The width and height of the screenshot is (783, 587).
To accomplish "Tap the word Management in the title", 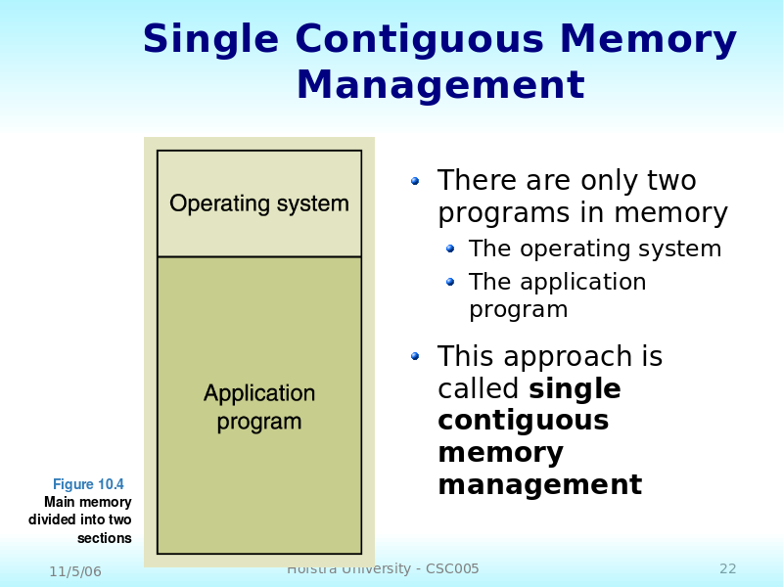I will [440, 86].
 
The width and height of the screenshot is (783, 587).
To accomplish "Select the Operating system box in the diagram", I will [259, 203].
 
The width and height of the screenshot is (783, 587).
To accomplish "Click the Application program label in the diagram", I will [259, 408].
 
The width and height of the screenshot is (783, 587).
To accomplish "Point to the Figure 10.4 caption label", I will [88, 484].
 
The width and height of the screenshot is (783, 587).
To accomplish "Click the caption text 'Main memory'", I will [87, 502].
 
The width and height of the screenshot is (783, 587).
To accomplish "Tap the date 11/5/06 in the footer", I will [75, 571].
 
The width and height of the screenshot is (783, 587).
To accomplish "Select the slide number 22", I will [728, 569].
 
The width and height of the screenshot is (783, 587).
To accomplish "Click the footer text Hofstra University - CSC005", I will [383, 569].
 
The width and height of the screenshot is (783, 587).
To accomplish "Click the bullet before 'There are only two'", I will [415, 181].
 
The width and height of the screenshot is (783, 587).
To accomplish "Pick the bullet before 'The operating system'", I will [450, 249].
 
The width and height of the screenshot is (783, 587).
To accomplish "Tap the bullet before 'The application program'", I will [450, 282].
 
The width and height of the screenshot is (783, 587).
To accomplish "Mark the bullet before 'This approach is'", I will [415, 357].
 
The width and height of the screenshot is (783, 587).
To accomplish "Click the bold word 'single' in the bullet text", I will [575, 389].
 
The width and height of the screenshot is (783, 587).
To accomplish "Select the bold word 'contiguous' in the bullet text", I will [523, 422].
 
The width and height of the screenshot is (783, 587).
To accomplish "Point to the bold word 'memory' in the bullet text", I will [500, 454].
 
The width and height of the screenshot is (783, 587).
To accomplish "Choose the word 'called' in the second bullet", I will [479, 389].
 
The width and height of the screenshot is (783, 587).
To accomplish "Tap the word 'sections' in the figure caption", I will [104, 538].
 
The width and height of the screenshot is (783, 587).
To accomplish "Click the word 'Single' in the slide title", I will [210, 41].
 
